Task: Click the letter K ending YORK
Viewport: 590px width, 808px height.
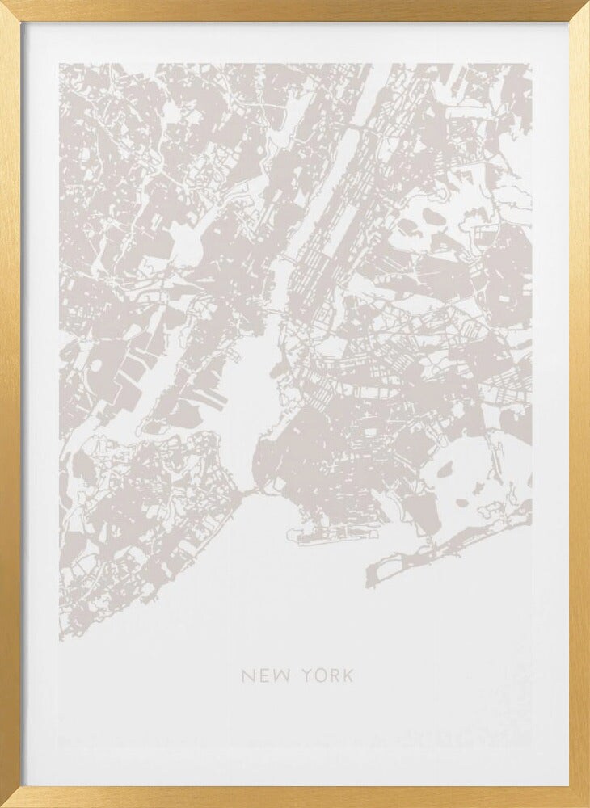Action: tap(348, 675)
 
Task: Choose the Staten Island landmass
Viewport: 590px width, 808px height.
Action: tap(145, 501)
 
